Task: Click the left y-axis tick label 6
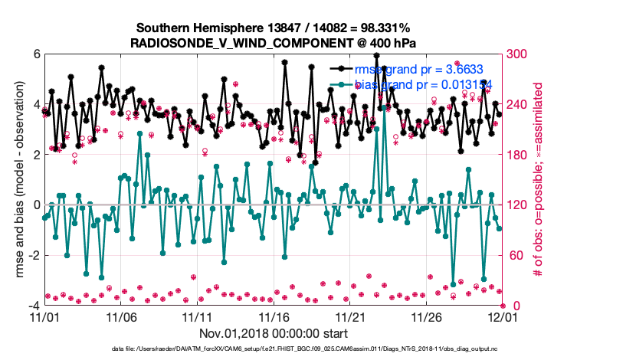pyautogui.click(x=36, y=54)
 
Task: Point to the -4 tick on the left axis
pyautogui.click(x=34, y=306)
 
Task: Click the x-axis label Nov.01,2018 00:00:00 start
pyautogui.click(x=274, y=333)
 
